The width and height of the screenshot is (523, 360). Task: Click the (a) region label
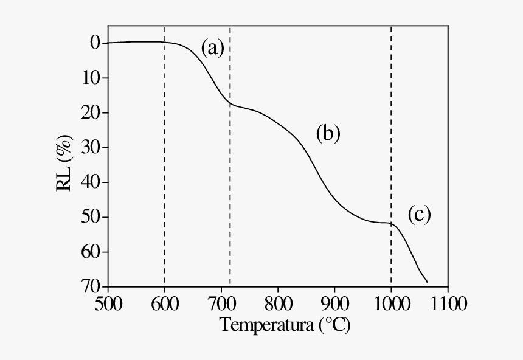click(213, 47)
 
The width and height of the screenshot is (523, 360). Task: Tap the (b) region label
click(328, 133)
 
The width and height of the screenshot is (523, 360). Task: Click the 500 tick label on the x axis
click(108, 303)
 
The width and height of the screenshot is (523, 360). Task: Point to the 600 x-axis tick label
click(165, 303)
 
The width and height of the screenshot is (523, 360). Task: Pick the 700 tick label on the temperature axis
click(221, 303)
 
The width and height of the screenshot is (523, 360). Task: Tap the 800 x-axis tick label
click(278, 303)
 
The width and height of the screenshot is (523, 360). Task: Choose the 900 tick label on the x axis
click(334, 303)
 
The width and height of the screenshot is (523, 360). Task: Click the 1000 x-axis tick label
click(391, 303)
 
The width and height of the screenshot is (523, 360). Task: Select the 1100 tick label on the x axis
click(448, 303)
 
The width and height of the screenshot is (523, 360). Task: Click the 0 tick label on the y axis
click(95, 43)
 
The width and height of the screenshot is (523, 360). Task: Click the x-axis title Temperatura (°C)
click(285, 325)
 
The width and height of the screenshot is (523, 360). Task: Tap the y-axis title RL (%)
click(65, 164)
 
